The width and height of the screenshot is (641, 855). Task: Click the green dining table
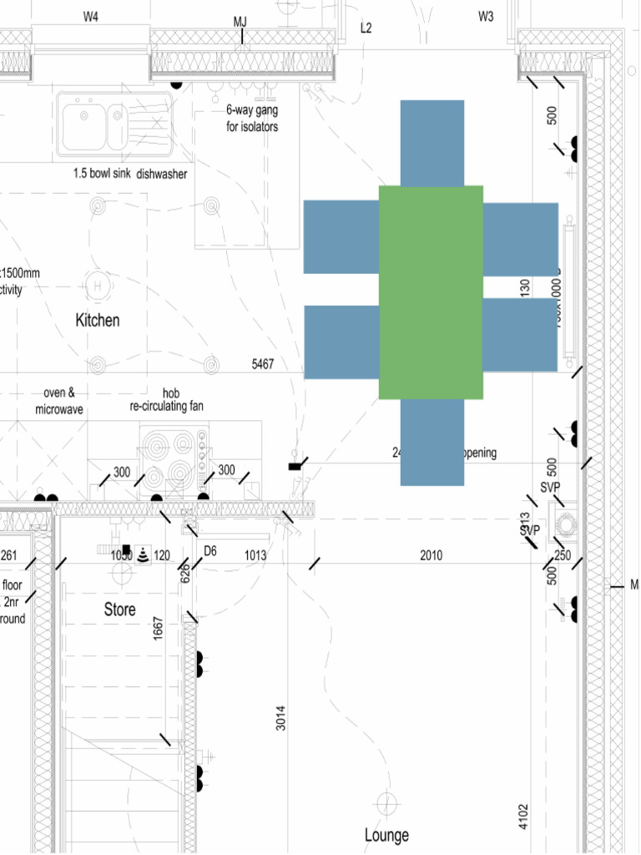pos(431,292)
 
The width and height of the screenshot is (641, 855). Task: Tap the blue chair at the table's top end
pos(432,143)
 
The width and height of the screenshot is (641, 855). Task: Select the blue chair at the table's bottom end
pos(432,442)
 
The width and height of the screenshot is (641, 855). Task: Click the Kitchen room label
pos(98,320)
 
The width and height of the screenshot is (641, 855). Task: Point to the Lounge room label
pos(386,835)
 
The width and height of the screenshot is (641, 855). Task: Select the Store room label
pos(119,610)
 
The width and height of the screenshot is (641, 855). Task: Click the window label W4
pos(90,17)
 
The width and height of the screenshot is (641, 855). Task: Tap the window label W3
pos(486,17)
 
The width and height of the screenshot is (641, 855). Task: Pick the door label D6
pos(210,551)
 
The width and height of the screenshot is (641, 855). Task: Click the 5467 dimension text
pos(263,365)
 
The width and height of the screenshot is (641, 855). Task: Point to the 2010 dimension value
pos(432,555)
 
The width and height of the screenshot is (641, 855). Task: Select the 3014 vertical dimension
pos(281,718)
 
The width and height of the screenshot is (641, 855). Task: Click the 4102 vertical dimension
pos(523,816)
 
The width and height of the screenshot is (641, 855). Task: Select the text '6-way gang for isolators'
pos(251,119)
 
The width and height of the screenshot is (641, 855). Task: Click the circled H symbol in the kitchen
pos(98,286)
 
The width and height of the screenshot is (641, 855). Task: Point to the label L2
pos(366,28)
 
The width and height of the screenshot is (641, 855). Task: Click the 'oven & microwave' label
pos(59,402)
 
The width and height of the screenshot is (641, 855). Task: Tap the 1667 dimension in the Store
pos(158,629)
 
